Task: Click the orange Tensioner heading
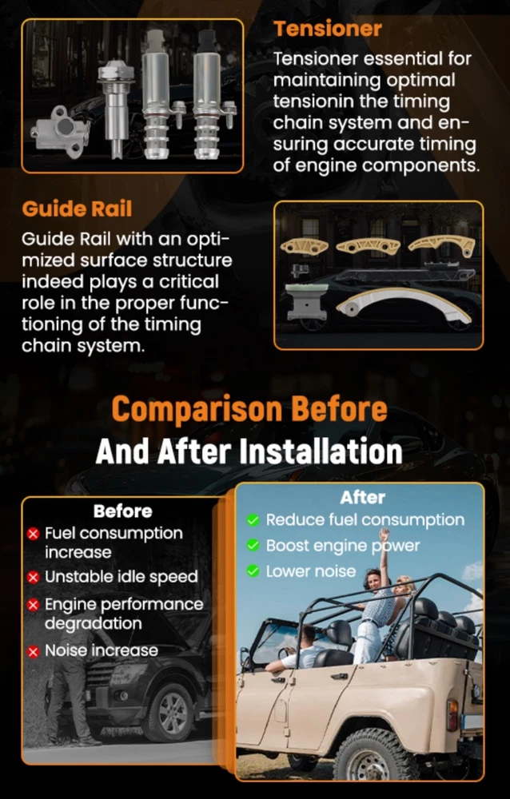click(328, 29)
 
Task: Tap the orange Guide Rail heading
click(77, 209)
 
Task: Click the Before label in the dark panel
click(122, 511)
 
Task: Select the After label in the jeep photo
click(362, 497)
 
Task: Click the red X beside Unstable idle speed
click(33, 578)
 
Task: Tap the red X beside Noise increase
click(33, 651)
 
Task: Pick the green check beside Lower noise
click(253, 571)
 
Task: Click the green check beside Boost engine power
click(253, 545)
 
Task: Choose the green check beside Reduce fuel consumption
click(253, 520)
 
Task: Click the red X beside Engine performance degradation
click(33, 605)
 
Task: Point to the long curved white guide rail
click(403, 300)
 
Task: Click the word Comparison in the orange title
click(197, 410)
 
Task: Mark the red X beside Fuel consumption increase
click(33, 534)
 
